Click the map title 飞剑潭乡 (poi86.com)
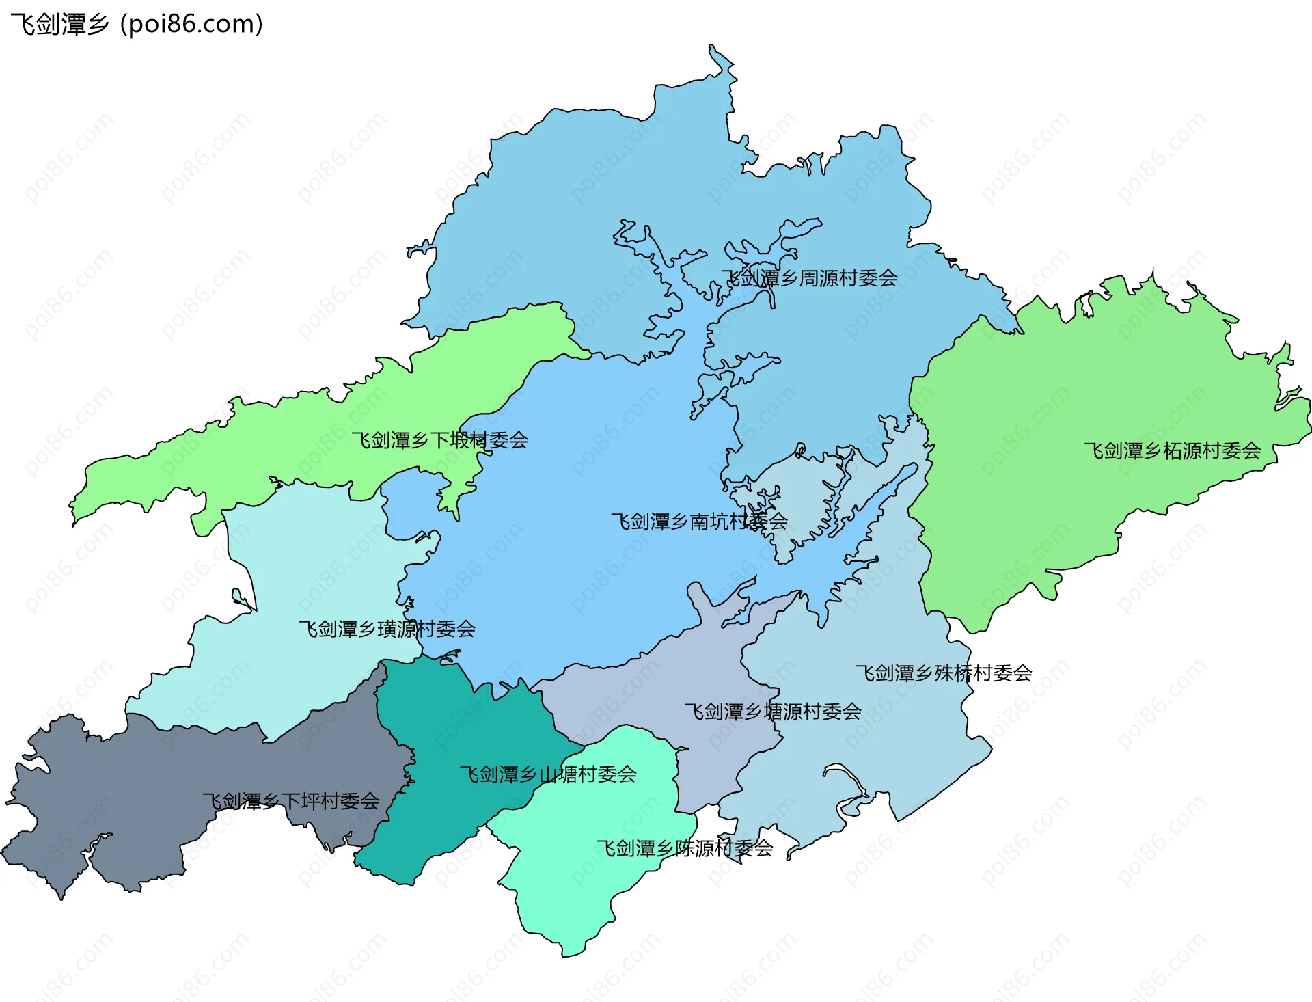coord(137,24)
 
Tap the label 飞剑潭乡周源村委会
coord(809,278)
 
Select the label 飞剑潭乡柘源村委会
coord(1172,451)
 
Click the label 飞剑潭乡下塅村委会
coord(439,440)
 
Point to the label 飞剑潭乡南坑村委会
coord(699,522)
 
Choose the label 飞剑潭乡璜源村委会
coord(387,629)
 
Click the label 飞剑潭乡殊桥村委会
coord(943,673)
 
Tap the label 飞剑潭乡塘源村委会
coord(773,712)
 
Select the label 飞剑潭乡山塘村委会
coord(548,774)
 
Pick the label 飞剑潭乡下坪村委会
coord(291,801)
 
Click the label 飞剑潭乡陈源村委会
coord(684,848)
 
